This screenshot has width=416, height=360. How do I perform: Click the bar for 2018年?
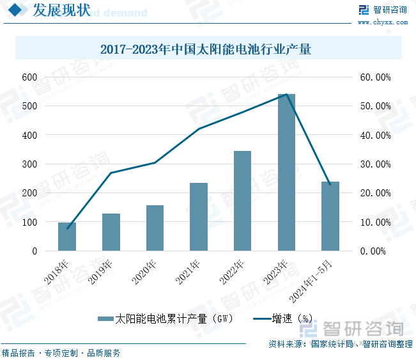tap(67, 237)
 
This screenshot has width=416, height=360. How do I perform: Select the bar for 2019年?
tap(111, 232)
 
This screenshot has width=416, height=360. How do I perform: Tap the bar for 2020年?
tap(155, 228)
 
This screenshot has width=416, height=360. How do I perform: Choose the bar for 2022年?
tap(242, 201)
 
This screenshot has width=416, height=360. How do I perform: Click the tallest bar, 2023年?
tap(286, 173)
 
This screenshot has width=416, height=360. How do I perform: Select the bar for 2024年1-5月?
tap(330, 216)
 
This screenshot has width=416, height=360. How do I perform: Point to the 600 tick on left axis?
tap(29, 77)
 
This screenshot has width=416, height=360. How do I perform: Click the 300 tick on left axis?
tap(29, 164)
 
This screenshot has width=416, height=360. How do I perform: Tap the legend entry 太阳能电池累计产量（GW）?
tap(166, 318)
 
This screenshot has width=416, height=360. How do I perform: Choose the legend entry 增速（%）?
tap(284, 318)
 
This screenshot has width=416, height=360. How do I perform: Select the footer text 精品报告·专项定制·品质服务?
tap(61, 353)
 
